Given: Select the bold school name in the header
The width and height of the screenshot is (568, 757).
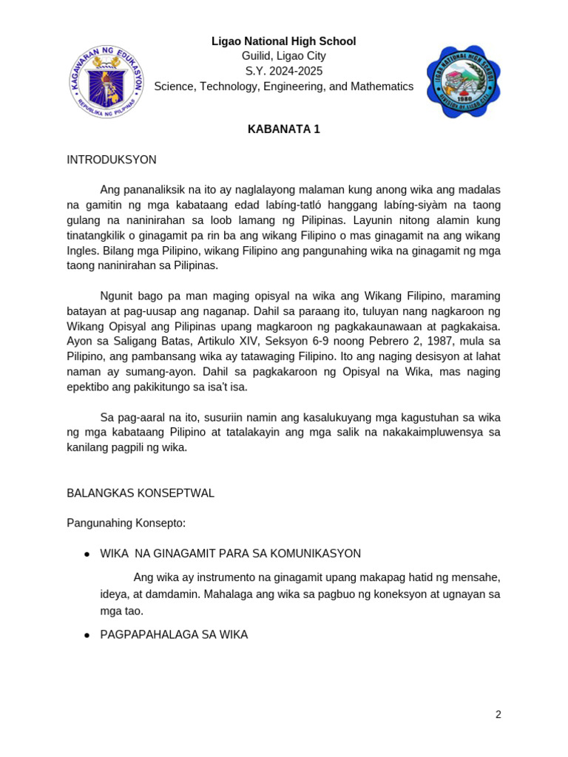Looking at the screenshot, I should [x=283, y=41].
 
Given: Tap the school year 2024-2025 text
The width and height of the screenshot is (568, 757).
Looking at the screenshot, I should [x=283, y=72].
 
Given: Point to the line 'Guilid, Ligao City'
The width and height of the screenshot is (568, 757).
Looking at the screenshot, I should [x=283, y=56].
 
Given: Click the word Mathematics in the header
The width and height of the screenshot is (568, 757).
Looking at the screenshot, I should [x=382, y=86].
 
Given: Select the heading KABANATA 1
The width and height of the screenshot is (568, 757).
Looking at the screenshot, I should [x=283, y=129].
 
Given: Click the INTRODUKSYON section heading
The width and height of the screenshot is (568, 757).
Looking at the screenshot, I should [x=112, y=160].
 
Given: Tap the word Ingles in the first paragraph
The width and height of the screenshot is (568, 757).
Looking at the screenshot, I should [x=81, y=251].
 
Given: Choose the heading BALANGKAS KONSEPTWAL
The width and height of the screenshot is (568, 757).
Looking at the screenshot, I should [x=141, y=493].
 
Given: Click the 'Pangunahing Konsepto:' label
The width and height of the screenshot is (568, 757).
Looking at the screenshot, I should [x=126, y=523].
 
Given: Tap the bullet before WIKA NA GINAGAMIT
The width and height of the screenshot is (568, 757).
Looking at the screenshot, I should [x=87, y=554].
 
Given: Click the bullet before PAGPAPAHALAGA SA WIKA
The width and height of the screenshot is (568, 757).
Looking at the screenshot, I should [x=87, y=635].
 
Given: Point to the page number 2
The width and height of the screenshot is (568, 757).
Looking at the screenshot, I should [x=498, y=714].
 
